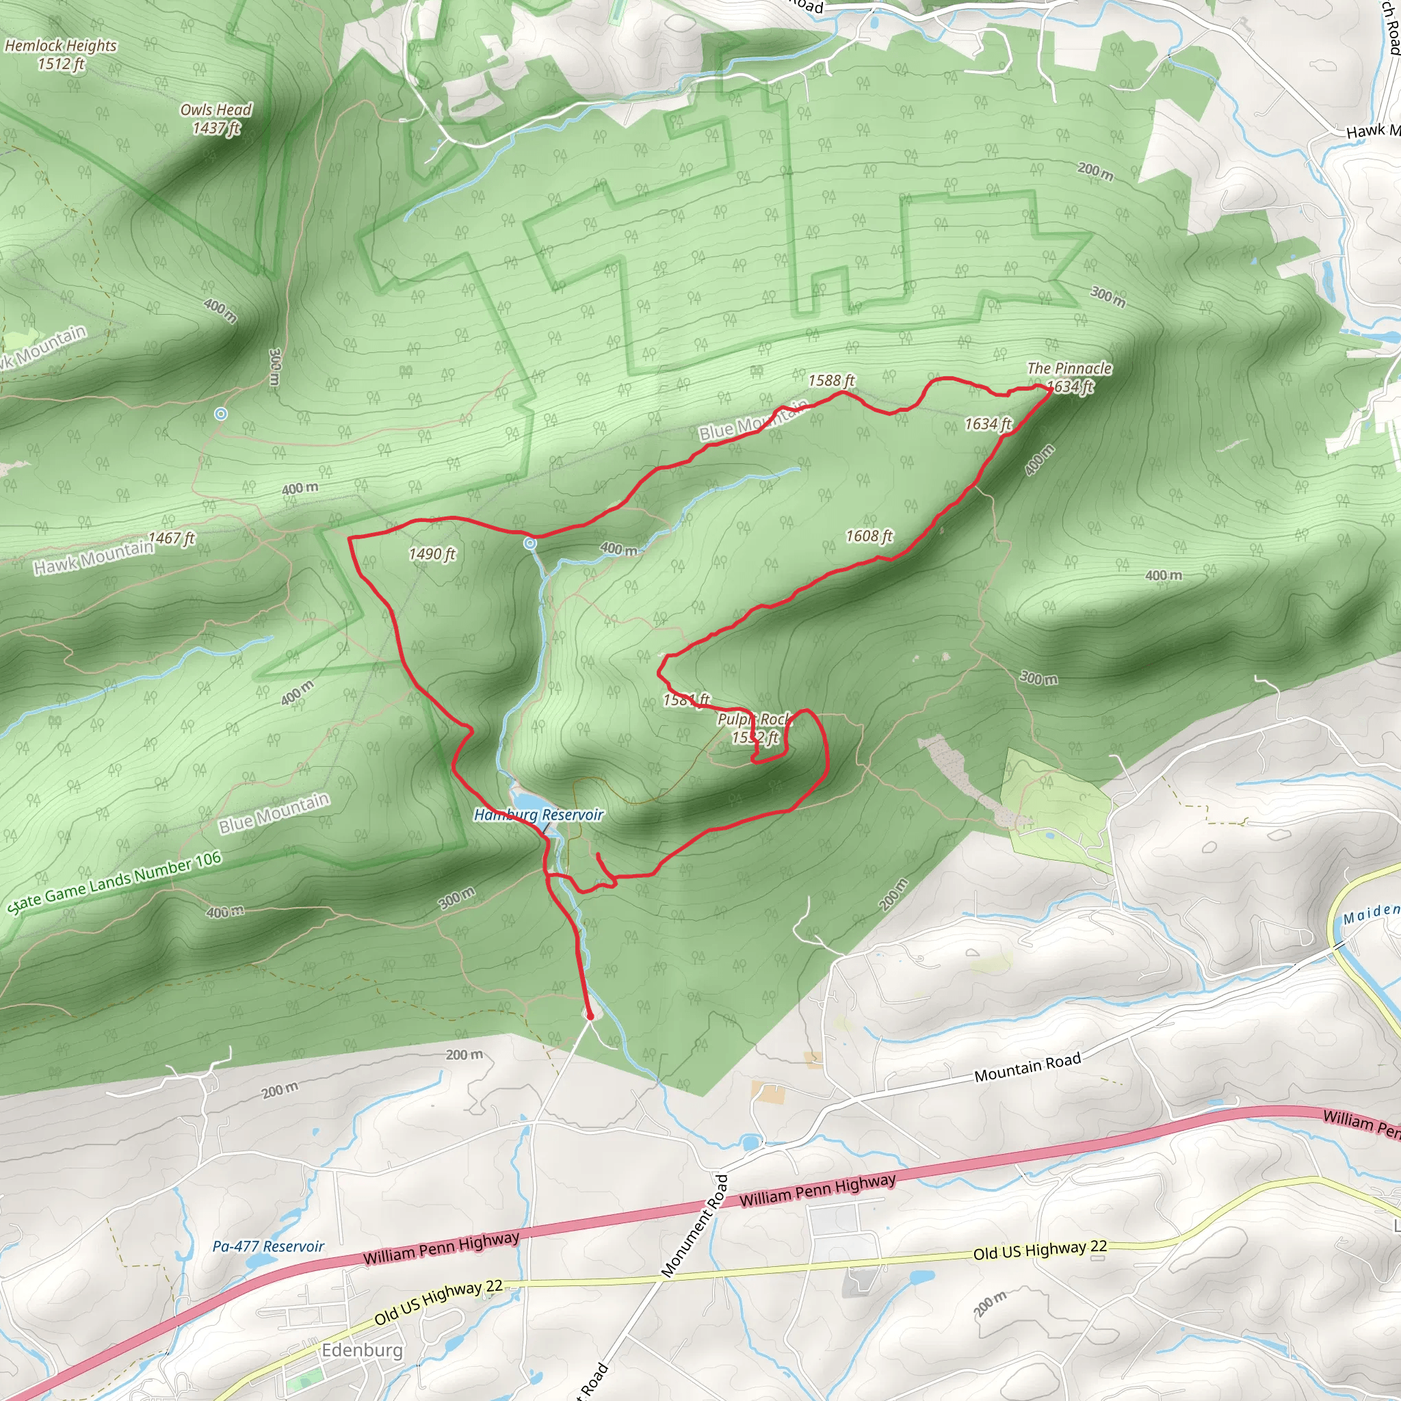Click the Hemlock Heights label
pos(61,46)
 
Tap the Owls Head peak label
pos(216,110)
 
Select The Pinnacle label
pos(1069,369)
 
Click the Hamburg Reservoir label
pos(539,815)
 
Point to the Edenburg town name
pos(362,1350)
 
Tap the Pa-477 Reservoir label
pos(268,1246)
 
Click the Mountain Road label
pos(1027,1067)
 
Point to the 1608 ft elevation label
pos(869,536)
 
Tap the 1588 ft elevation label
pos(832,381)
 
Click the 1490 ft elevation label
pos(432,554)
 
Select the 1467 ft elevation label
pos(172,538)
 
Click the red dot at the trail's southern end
pos(590,1017)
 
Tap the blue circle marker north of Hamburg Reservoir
pos(531,542)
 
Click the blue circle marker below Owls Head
pos(221,413)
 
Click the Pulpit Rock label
pos(754,719)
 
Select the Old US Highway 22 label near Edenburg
pos(438,1302)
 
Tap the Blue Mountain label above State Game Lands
pos(274,813)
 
